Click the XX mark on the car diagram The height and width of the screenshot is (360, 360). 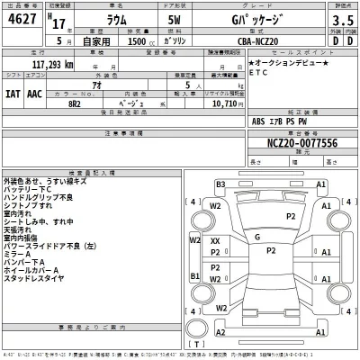215,242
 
